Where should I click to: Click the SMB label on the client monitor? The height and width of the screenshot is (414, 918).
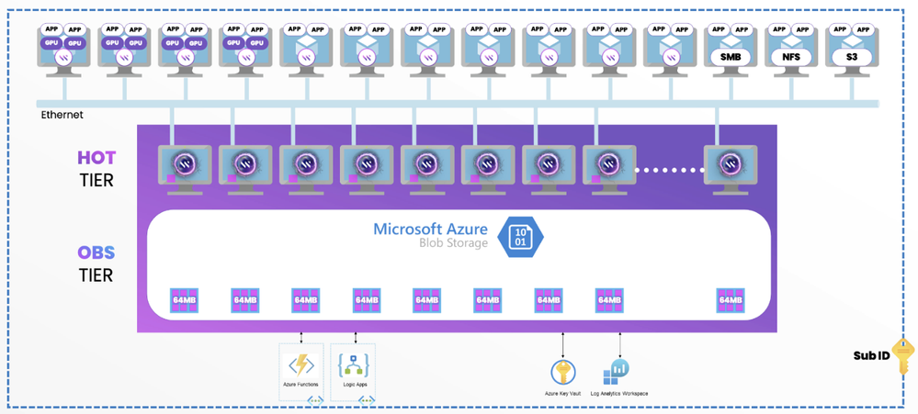coord(730,58)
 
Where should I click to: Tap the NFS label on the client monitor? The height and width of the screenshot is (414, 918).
coord(791,58)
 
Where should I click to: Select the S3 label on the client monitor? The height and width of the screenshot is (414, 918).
coord(851,58)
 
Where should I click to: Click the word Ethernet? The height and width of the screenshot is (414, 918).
coord(62,115)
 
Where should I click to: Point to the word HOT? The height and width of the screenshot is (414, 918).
coord(96,158)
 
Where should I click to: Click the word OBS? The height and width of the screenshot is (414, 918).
coord(96,252)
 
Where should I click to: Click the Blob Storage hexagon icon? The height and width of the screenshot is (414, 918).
coord(520,237)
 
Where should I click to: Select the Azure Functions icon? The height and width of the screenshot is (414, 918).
coord(302,364)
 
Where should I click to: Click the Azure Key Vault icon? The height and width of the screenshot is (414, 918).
coord(562,372)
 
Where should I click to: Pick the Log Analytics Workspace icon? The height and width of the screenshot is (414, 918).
coord(616,371)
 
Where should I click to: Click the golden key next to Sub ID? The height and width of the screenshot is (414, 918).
coord(904,355)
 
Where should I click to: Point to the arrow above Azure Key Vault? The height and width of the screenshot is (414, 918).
coord(562,344)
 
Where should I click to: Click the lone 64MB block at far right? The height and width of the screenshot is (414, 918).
coord(730,299)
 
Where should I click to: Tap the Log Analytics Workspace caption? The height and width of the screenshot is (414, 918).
coord(619,394)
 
